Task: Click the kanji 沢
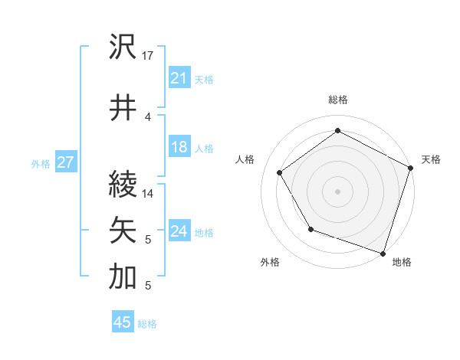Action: [x=123, y=47]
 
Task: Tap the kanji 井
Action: [x=123, y=106]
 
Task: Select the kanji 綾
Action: [x=123, y=185]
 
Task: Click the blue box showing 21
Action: [x=179, y=78]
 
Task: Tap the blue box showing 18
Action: [x=179, y=147]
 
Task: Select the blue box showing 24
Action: [x=179, y=231]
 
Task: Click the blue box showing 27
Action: [x=65, y=162]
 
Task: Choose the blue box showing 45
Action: [x=122, y=322]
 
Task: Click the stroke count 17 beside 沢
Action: [x=149, y=56]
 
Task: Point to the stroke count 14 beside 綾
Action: [x=149, y=194]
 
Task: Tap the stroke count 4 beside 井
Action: [x=148, y=116]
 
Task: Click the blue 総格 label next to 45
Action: [x=147, y=324]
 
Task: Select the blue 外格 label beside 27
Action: [x=41, y=163]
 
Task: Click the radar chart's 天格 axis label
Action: [x=431, y=159]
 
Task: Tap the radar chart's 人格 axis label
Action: [x=245, y=159]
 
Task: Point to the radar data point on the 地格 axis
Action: [x=382, y=252]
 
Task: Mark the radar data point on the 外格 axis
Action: [x=310, y=229]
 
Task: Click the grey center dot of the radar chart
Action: [x=337, y=191]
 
